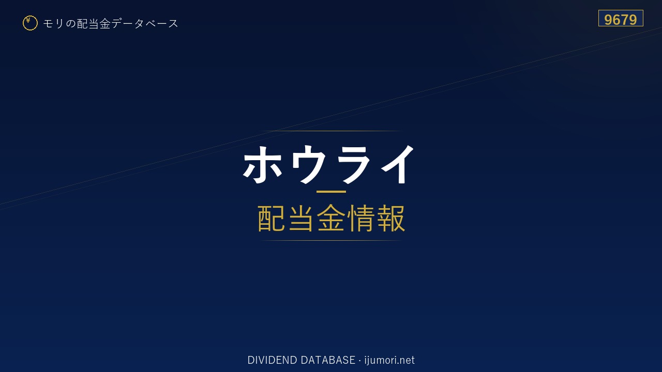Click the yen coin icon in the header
coord(30,23)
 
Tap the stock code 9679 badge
coord(621,18)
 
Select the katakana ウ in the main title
coord(308,164)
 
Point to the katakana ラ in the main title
coord(354,164)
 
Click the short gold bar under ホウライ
coord(331,192)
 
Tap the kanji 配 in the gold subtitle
coord(272,219)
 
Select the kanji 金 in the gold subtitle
coord(331,219)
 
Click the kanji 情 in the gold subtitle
coord(360,219)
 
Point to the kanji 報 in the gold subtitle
coord(390,219)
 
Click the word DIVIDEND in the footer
coord(272,360)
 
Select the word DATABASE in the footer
coord(328,360)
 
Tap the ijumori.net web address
coord(389,360)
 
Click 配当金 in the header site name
coord(94,24)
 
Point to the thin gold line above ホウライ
coord(331,131)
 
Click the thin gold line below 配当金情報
coord(331,241)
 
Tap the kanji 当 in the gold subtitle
coord(301,219)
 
